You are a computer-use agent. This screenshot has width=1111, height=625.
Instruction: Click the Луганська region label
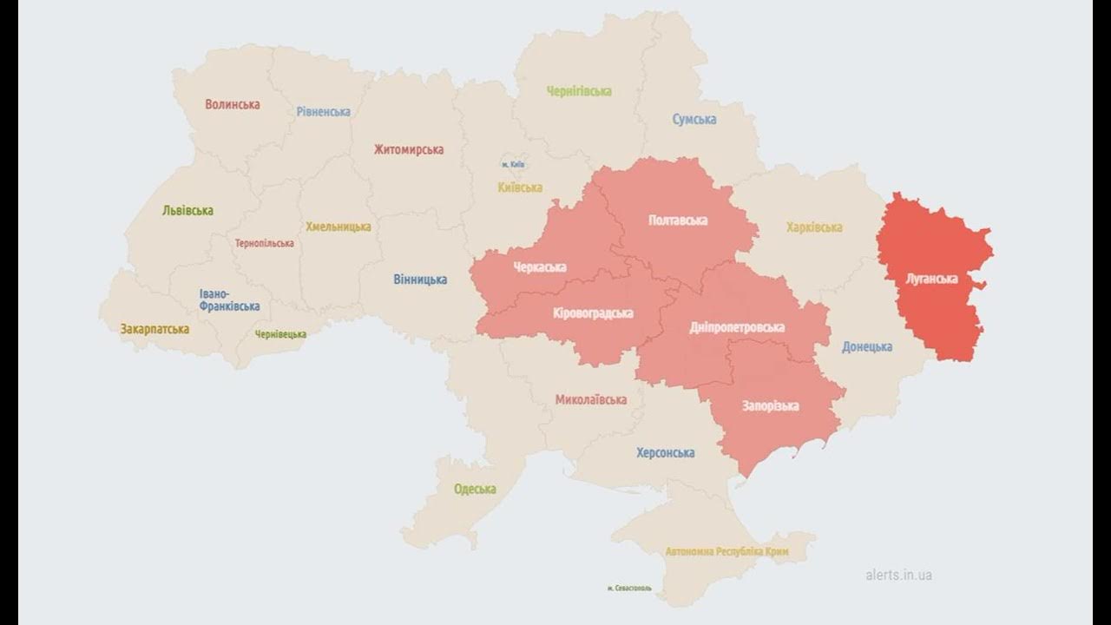point(931,279)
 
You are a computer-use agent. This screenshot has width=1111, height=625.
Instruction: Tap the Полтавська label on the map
point(677,220)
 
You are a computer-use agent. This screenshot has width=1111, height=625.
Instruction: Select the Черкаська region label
point(539,266)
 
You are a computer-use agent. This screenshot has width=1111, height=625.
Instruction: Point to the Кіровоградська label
point(593,312)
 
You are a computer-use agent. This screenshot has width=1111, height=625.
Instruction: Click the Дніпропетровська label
point(736,327)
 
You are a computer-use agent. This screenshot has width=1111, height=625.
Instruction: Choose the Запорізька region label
point(770,405)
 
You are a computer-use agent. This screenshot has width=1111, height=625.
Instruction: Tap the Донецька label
point(866,346)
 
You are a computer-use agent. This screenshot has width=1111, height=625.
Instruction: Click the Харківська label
point(813,227)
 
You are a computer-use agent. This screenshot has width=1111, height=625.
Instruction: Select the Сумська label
point(694,119)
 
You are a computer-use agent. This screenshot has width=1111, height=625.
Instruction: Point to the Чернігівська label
point(579,90)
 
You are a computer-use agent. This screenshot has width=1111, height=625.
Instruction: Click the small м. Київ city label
point(513,164)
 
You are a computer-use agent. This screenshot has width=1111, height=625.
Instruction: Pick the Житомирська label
point(408,149)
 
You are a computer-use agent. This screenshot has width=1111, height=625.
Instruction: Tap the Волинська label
point(232,104)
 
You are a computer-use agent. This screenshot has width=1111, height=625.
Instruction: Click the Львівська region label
point(187,210)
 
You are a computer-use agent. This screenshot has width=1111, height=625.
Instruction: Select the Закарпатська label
point(154,329)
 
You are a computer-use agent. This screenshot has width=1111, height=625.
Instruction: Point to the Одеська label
point(475,489)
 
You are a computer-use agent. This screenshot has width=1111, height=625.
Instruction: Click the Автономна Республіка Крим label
point(726,551)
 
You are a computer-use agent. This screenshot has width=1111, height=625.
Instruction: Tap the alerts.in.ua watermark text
point(898,575)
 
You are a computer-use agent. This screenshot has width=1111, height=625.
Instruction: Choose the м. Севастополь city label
point(629,589)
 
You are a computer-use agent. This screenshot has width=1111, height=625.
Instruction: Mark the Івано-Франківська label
point(228,300)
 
